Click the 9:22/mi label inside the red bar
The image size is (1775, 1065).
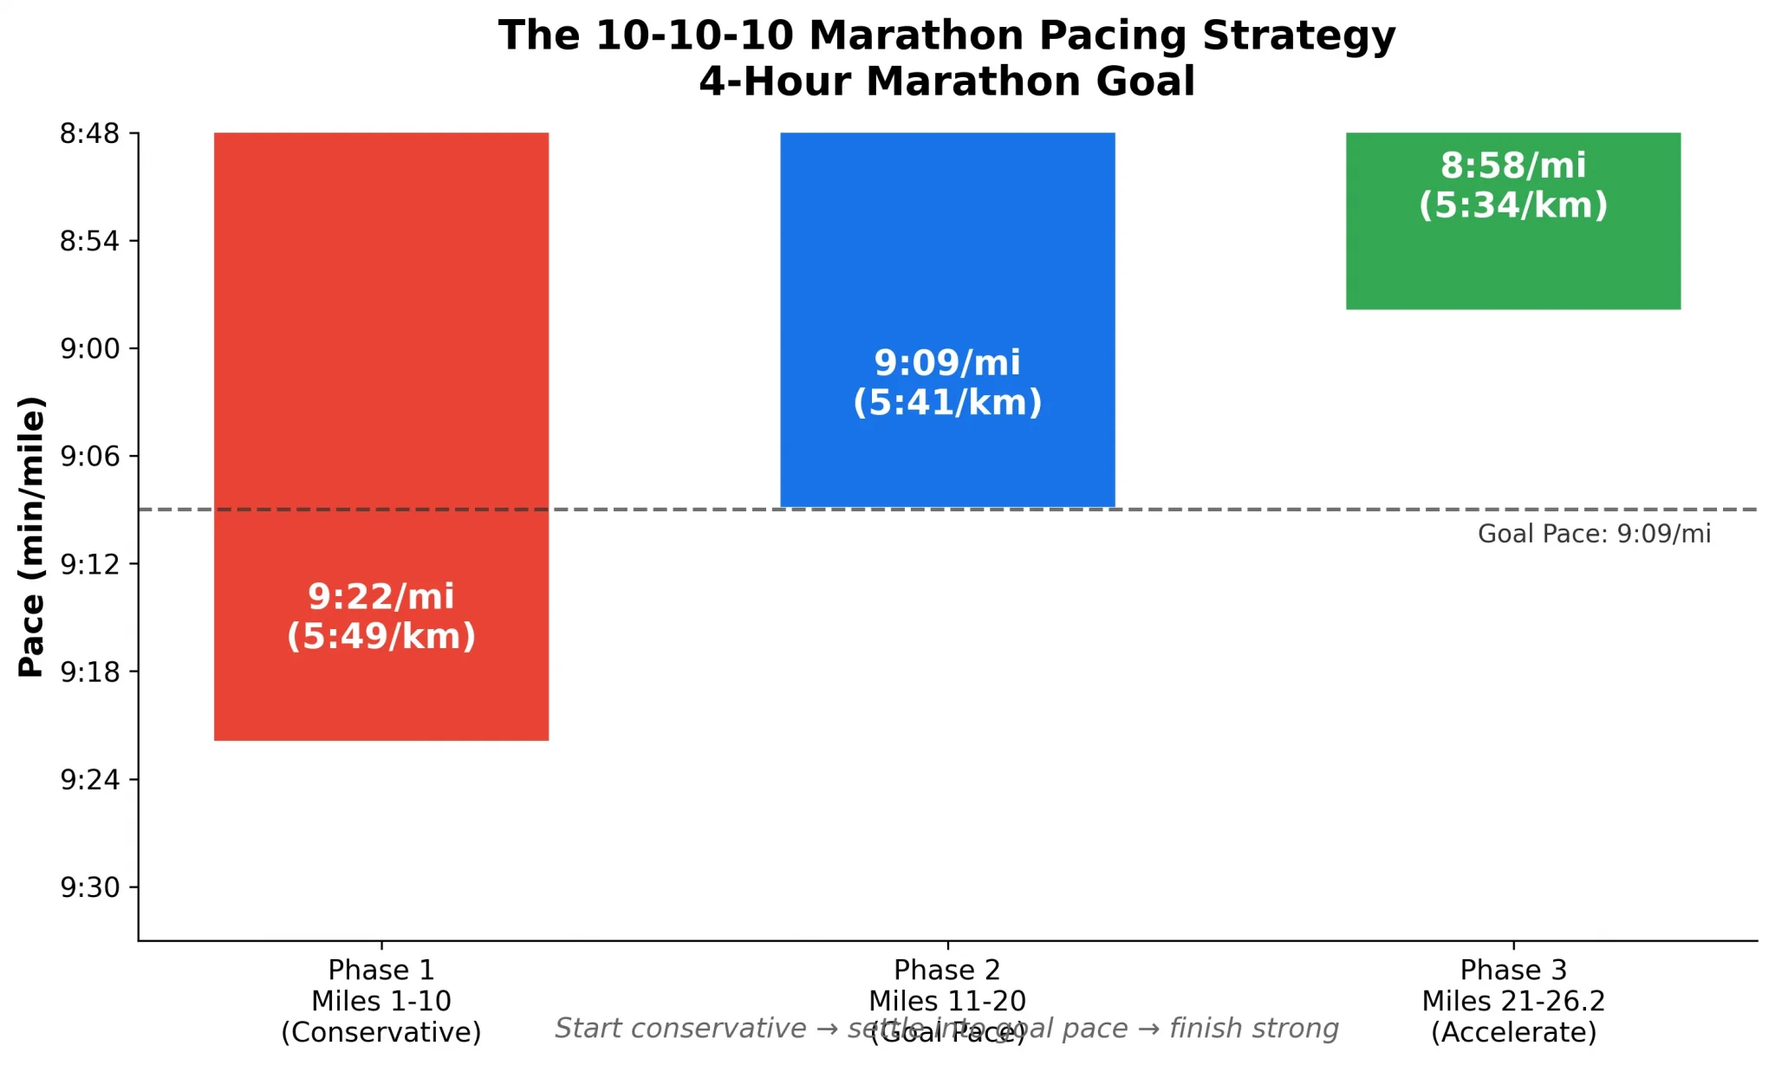[381, 597]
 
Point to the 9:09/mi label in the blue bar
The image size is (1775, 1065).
[947, 363]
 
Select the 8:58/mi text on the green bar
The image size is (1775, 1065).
[1512, 166]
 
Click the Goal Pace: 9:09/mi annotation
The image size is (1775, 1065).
[1594, 534]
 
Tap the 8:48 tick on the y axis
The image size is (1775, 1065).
[90, 133]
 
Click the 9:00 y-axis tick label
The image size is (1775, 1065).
[90, 349]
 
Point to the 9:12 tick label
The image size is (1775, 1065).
[90, 565]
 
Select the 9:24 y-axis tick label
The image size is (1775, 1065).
[90, 780]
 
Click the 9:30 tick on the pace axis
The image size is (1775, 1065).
[90, 888]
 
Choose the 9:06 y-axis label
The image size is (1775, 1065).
[90, 457]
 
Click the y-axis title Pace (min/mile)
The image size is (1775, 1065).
[31, 536]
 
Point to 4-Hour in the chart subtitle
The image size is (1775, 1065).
[775, 81]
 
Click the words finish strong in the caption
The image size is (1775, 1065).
[1253, 1029]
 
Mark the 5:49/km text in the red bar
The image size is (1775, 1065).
[381, 637]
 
